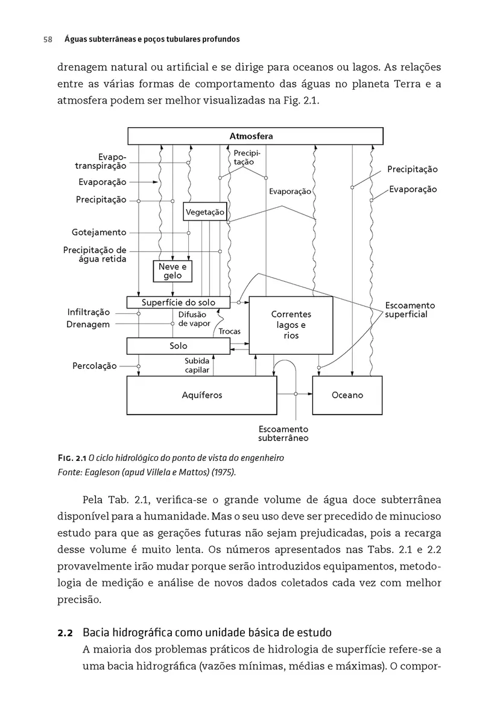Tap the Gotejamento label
pyautogui.click(x=99, y=233)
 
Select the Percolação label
pyautogui.click(x=94, y=366)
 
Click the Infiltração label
pyautogui.click(x=89, y=312)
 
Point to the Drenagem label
pyautogui.click(x=88, y=324)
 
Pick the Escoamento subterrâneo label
pyautogui.click(x=283, y=433)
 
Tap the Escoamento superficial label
pyautogui.click(x=410, y=310)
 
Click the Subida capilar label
pyautogui.click(x=197, y=365)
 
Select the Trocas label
pyautogui.click(x=229, y=331)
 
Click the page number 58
pyautogui.click(x=48, y=39)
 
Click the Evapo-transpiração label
pyautogui.click(x=101, y=161)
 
